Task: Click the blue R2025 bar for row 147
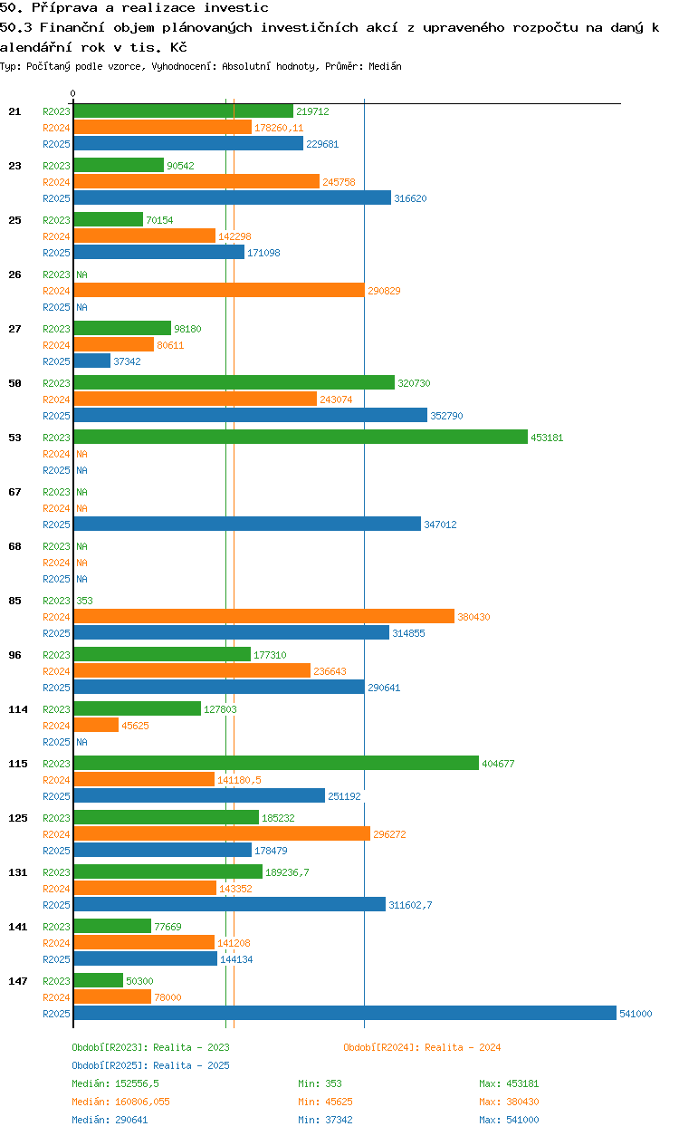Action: click(x=344, y=1013)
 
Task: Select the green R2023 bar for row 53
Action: click(x=300, y=437)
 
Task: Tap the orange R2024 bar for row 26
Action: click(x=218, y=290)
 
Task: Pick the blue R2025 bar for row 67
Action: click(x=246, y=524)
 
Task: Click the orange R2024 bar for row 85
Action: click(x=263, y=616)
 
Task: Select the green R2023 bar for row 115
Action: click(x=275, y=763)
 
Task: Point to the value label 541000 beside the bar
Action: click(x=635, y=1014)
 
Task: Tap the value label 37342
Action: click(x=127, y=361)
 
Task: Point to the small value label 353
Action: click(x=84, y=601)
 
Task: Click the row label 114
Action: click(x=17, y=708)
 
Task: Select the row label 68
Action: click(x=14, y=545)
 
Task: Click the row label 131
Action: click(x=17, y=871)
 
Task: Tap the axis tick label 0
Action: click(x=73, y=93)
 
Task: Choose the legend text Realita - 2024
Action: click(x=463, y=1047)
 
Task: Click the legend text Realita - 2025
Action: click(x=191, y=1065)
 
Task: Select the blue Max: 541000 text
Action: click(x=509, y=1120)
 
